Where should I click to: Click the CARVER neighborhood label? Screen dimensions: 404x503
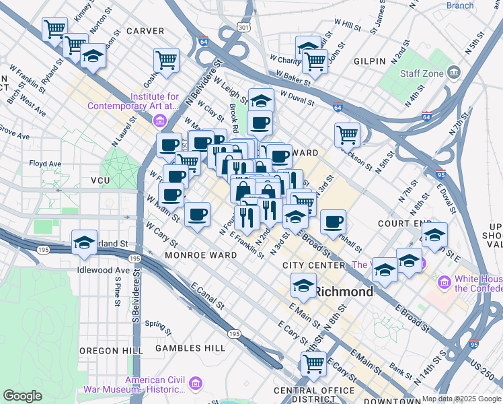[x=145, y=31]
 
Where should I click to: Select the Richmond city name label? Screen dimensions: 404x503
[x=344, y=292]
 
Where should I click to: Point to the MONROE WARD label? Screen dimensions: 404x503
[x=204, y=256]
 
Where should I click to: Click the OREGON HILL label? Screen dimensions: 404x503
[x=111, y=351]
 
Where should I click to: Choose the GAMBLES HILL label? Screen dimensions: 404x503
[x=190, y=348]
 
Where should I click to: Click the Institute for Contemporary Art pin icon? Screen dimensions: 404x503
[x=160, y=121]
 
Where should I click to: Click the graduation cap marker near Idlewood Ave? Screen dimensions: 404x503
[x=84, y=243]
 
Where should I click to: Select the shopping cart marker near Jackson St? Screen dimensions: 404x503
[x=347, y=134]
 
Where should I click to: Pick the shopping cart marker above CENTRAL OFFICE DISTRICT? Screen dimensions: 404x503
[x=313, y=364]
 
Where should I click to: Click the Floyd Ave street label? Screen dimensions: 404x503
[x=45, y=164]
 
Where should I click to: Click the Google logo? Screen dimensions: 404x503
[x=22, y=396]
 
